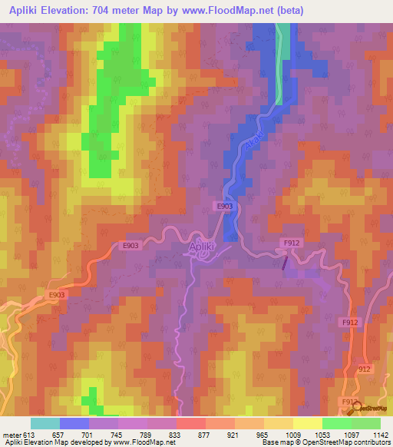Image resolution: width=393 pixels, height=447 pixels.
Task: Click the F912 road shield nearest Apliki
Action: point(291,243)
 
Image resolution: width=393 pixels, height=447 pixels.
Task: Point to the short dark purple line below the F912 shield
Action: point(286,263)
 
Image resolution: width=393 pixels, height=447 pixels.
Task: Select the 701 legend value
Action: point(88,434)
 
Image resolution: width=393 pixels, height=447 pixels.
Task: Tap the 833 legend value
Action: point(176,434)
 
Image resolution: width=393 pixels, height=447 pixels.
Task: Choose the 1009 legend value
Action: point(292,434)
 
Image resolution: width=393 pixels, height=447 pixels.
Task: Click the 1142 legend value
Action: point(380,434)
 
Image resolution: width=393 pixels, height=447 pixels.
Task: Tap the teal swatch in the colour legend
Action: point(45,423)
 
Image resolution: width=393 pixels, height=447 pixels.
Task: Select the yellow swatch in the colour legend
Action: point(307,423)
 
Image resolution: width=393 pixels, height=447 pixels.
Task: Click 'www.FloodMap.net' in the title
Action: point(237,11)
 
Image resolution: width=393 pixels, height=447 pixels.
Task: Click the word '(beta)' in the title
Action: point(290,11)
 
